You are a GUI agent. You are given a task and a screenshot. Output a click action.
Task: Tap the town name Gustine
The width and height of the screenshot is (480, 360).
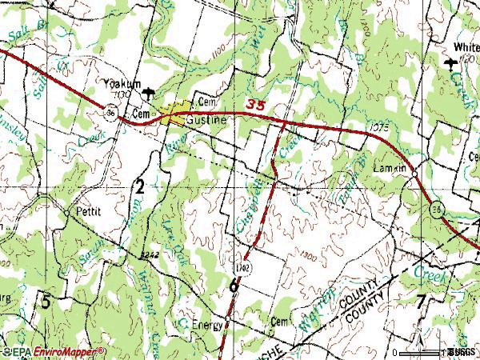pyautogui.click(x=206, y=120)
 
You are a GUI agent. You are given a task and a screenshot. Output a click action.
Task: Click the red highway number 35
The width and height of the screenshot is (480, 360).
pyautogui.click(x=255, y=104)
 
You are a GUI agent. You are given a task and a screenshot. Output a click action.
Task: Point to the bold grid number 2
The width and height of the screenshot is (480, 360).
pyautogui.click(x=139, y=188)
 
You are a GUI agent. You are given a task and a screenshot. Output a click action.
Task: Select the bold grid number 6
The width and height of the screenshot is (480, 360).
pyautogui.click(x=233, y=286)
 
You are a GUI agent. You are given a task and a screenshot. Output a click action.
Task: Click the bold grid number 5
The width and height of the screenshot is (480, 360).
pyautogui.click(x=46, y=302)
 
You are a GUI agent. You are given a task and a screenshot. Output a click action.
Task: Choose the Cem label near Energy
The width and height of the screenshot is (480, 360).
pyautogui.click(x=278, y=322)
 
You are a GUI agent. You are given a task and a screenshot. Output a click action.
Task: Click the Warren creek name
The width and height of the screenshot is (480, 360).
pyautogui.click(x=308, y=316)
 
